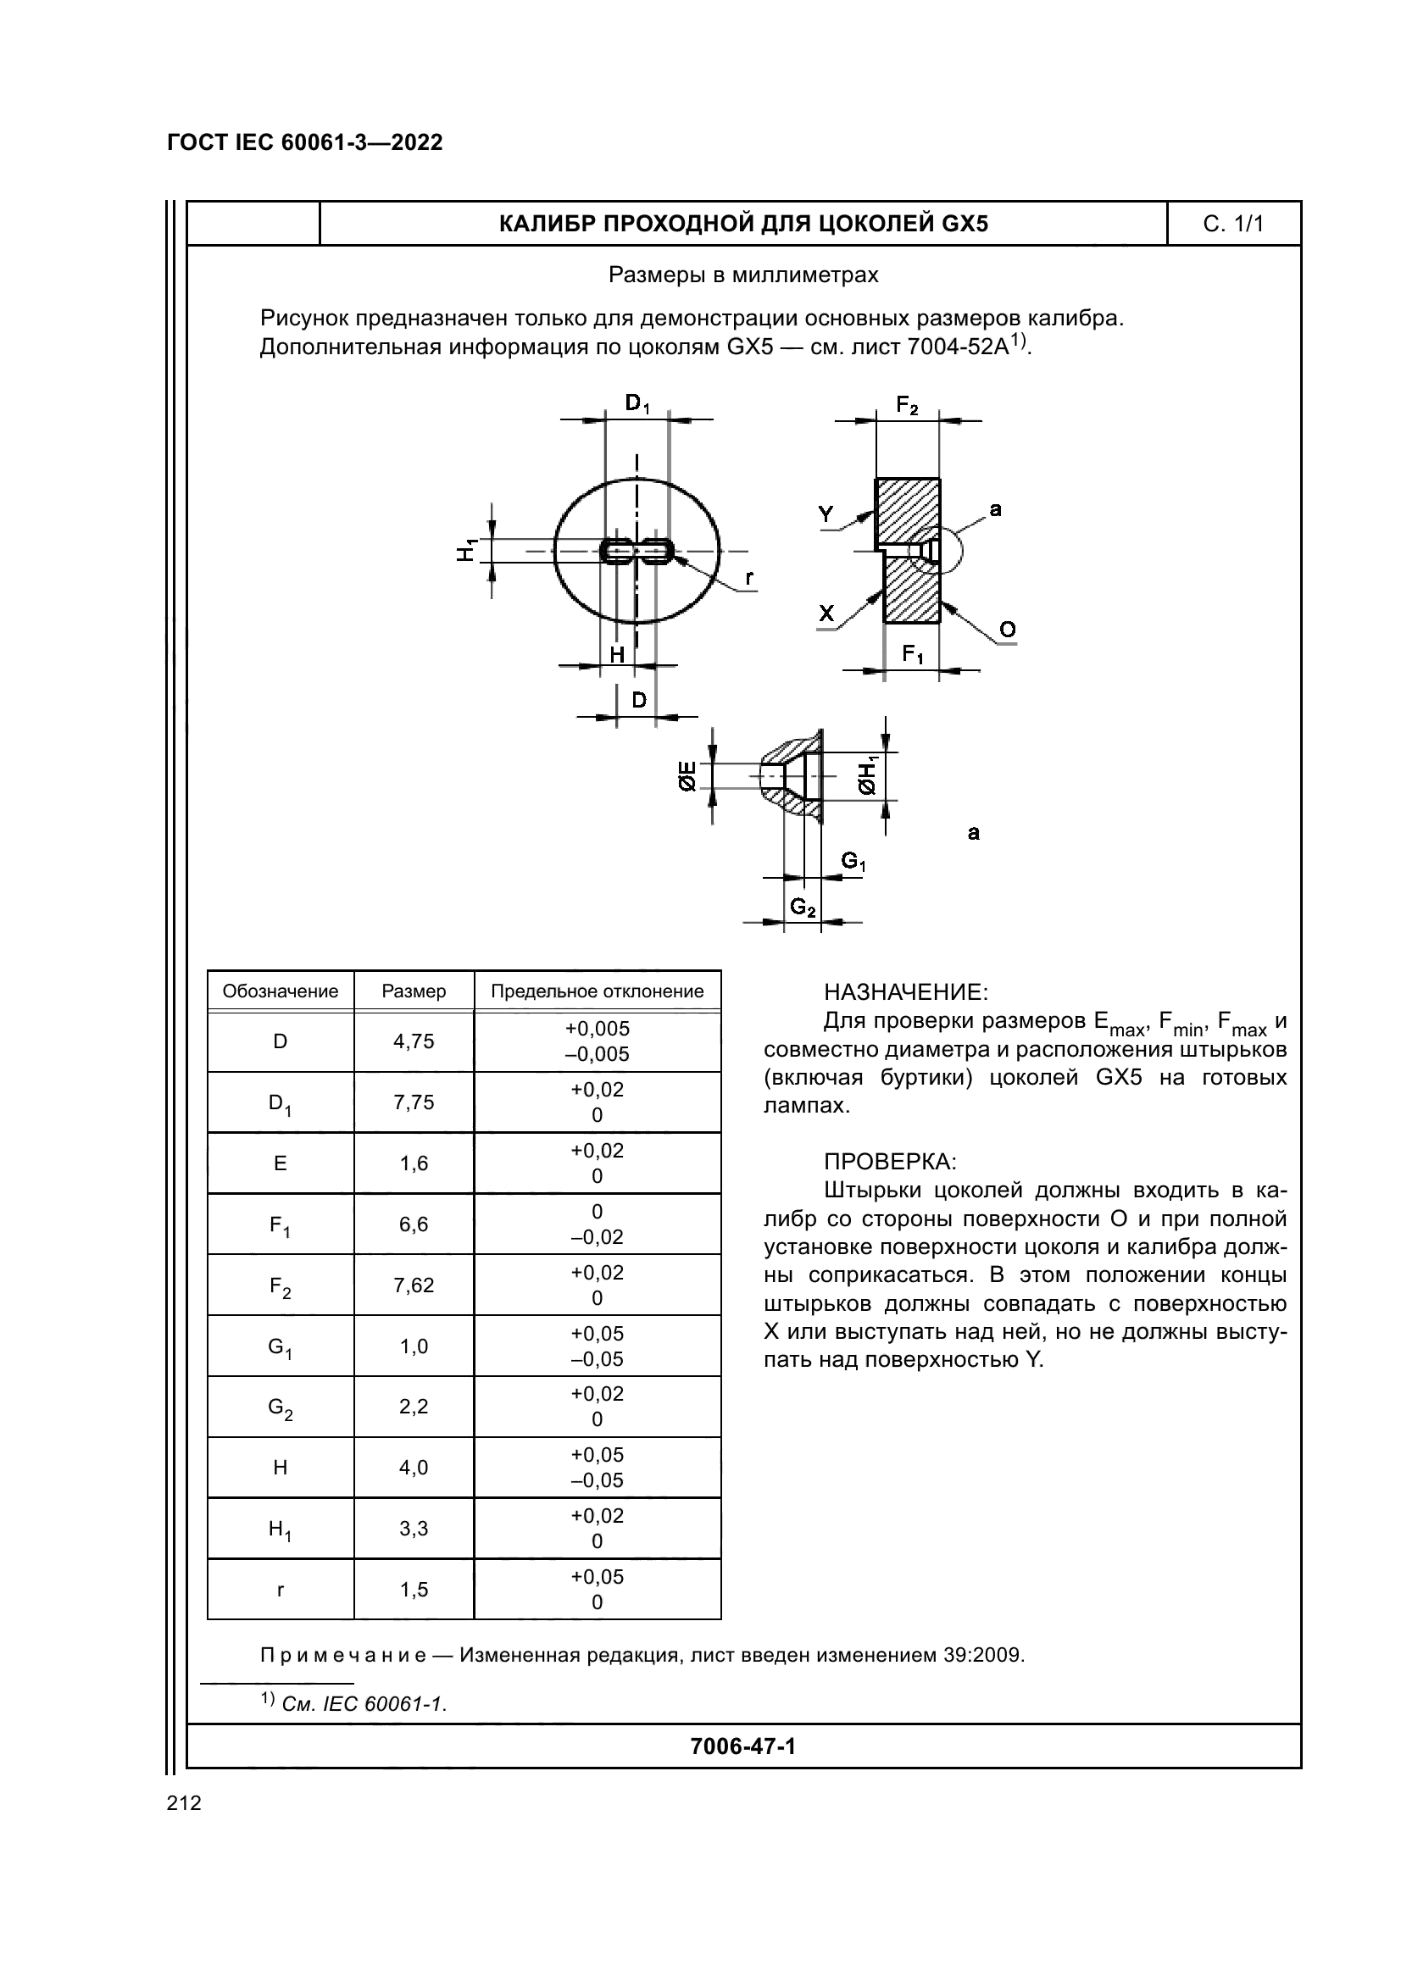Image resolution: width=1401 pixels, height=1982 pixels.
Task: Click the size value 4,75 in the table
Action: (x=414, y=1041)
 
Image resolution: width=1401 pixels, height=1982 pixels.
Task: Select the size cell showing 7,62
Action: (x=414, y=1285)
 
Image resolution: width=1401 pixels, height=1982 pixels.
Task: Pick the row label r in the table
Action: (x=280, y=1590)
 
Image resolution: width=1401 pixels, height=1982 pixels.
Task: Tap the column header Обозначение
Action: (x=281, y=991)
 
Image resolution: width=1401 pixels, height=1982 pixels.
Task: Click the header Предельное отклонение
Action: (x=598, y=991)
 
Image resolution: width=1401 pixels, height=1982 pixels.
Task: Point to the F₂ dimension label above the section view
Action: (x=907, y=405)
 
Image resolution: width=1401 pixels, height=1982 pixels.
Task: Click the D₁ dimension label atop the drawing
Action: (x=638, y=403)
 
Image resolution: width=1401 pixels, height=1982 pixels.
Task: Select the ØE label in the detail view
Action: (x=688, y=777)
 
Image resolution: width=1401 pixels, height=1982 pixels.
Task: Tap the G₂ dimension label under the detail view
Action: (x=803, y=907)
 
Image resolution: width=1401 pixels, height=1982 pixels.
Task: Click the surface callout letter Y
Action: (x=826, y=514)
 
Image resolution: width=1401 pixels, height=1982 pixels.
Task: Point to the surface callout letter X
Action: (x=827, y=613)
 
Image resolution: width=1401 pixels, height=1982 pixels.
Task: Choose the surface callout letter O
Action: (x=1008, y=630)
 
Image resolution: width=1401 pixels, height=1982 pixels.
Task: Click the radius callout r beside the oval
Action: (x=748, y=577)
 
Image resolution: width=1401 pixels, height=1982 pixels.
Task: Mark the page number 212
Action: (x=184, y=1802)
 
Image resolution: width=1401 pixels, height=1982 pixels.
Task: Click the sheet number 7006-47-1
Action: (x=743, y=1746)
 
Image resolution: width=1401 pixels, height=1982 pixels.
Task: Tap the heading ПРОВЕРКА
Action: (x=891, y=1161)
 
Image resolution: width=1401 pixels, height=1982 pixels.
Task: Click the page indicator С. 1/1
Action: (x=1233, y=225)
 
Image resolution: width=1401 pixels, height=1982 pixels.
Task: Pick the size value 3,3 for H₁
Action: (x=414, y=1529)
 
